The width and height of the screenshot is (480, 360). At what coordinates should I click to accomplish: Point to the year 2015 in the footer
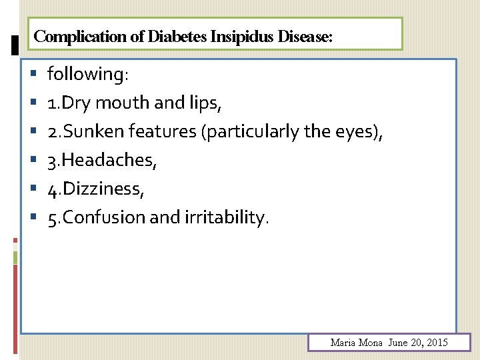pos(436,343)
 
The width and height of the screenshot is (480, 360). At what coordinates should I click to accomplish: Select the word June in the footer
pos(397,343)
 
